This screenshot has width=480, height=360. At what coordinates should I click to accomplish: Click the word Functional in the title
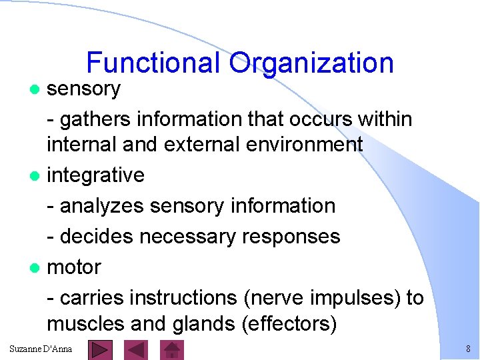pyautogui.click(x=153, y=63)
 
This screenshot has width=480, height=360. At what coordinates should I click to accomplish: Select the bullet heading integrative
pyautogui.click(x=95, y=175)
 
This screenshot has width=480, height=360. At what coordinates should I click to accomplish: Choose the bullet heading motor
pyautogui.click(x=73, y=267)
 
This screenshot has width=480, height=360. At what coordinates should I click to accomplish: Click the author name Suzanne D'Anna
pyautogui.click(x=41, y=349)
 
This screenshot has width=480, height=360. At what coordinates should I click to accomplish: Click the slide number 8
pyautogui.click(x=468, y=349)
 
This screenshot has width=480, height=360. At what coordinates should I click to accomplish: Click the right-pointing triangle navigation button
pyautogui.click(x=101, y=349)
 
